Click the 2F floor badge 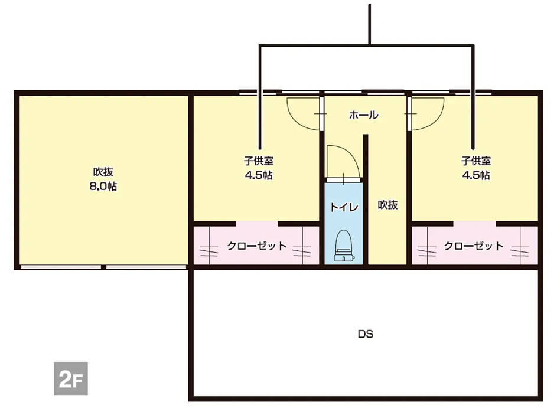[x=71, y=378]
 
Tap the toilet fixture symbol [x=344, y=246]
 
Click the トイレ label [x=344, y=207]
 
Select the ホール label [x=363, y=115]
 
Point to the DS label [x=365, y=334]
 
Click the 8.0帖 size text [x=103, y=187]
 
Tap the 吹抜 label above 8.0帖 [x=103, y=172]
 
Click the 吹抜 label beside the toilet [x=387, y=205]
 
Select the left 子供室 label [x=259, y=161]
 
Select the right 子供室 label [x=476, y=161]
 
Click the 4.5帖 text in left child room [x=259, y=175]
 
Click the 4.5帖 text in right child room [x=476, y=175]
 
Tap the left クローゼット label [x=256, y=246]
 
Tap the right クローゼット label [x=474, y=246]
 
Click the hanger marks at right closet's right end [x=520, y=251]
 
